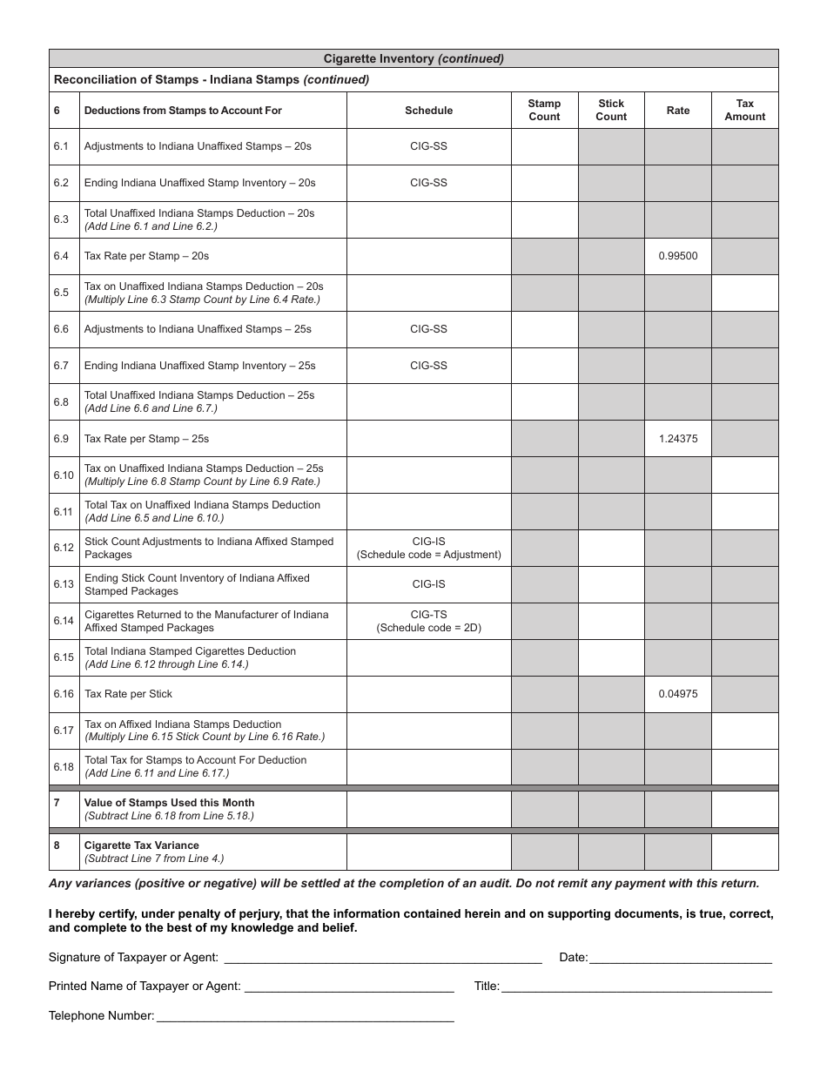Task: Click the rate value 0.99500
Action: pyautogui.click(x=677, y=256)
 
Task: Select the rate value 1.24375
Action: pyautogui.click(x=677, y=439)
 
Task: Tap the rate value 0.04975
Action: pyautogui.click(x=677, y=694)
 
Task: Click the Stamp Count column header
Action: pyautogui.click(x=544, y=110)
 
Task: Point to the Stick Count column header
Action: pyautogui.click(x=610, y=110)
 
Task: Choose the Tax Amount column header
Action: pyautogui.click(x=744, y=110)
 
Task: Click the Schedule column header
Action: pyautogui.click(x=428, y=111)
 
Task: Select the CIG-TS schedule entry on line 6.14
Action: pyautogui.click(x=428, y=621)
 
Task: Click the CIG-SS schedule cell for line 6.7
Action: pyautogui.click(x=428, y=366)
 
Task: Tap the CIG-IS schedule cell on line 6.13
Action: pyautogui.click(x=428, y=584)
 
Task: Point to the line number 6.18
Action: pyautogui.click(x=63, y=767)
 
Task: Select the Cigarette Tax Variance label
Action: pyautogui.click(x=141, y=845)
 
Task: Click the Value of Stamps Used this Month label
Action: pyautogui.click(x=169, y=803)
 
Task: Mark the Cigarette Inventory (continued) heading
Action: pyautogui.click(x=413, y=59)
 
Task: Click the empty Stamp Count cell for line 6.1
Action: pyautogui.click(x=544, y=146)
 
